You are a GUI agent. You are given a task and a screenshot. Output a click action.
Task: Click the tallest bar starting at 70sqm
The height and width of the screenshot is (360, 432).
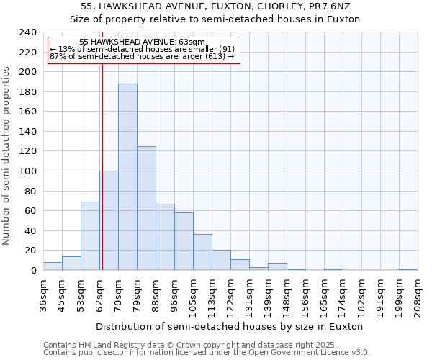(x=127, y=177)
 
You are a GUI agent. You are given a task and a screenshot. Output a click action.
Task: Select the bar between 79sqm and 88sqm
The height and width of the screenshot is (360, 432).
(x=146, y=208)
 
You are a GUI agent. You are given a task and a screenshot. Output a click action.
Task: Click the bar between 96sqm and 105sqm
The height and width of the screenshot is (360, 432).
(x=184, y=241)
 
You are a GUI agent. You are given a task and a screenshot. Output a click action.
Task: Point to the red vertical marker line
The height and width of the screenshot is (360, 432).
(x=102, y=166)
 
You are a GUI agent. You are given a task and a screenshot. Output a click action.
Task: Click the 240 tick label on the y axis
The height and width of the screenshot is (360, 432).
(x=27, y=32)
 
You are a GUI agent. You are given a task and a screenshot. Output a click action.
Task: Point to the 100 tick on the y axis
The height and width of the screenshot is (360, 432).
(x=27, y=171)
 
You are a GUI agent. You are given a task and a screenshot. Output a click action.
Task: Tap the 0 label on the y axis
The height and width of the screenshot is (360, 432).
(x=33, y=271)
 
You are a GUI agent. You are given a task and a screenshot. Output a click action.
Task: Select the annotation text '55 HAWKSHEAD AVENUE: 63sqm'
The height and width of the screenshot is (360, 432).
(x=142, y=42)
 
